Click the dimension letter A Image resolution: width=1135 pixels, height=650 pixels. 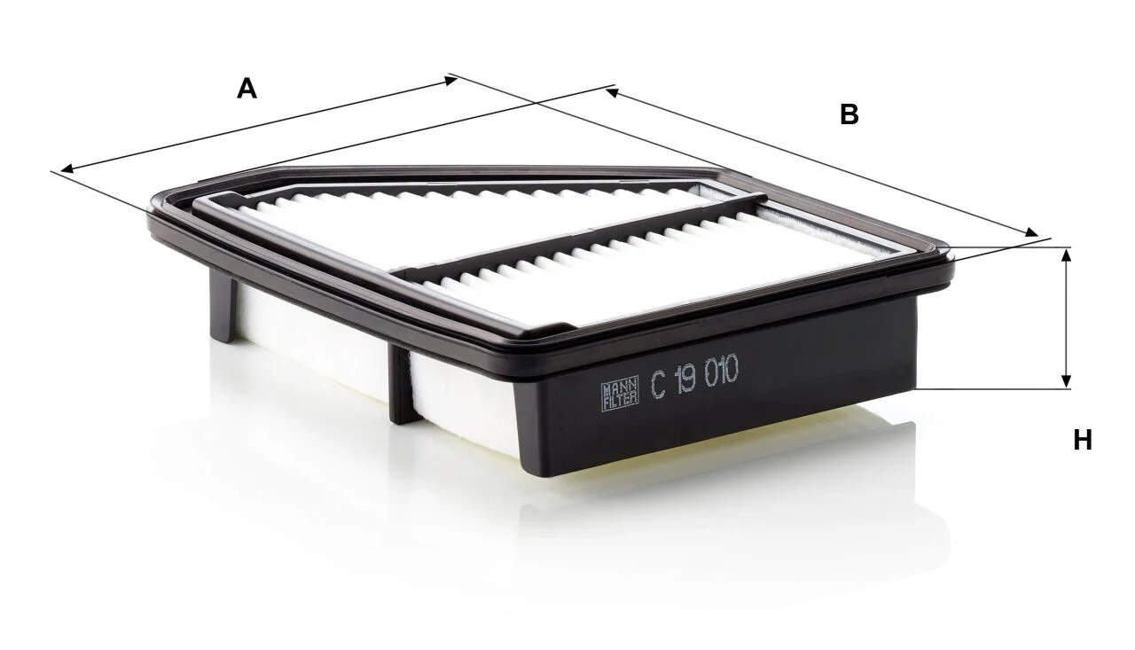pyautogui.click(x=247, y=90)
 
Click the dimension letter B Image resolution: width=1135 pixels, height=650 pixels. pyautogui.click(x=849, y=114)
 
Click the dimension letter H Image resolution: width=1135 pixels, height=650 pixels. pyautogui.click(x=1083, y=440)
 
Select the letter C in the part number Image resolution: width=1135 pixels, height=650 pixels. pyautogui.click(x=659, y=386)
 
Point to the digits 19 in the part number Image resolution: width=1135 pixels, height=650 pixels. pyautogui.click(x=686, y=380)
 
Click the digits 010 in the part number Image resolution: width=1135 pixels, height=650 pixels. pyautogui.click(x=722, y=371)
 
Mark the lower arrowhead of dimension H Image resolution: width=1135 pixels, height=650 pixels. pyautogui.click(x=1066, y=382)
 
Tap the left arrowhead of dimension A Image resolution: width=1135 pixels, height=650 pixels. pyautogui.click(x=67, y=168)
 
